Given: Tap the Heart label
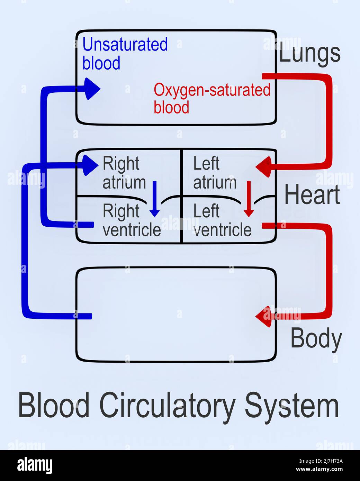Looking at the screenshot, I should pyautogui.click(x=312, y=195).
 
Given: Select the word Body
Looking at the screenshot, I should pyautogui.click(x=316, y=339).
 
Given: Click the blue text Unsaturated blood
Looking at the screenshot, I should pyautogui.click(x=125, y=54).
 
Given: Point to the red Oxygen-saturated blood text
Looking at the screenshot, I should pyautogui.click(x=211, y=98).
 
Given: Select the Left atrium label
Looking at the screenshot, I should pyautogui.click(x=214, y=173).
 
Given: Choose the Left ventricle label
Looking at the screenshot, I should pyautogui.click(x=222, y=220).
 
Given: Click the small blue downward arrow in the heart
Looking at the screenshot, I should pyautogui.click(x=155, y=199).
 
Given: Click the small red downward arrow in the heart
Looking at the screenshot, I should pyautogui.click(x=249, y=199).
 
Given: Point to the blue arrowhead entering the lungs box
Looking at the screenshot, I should pyautogui.click(x=91, y=89).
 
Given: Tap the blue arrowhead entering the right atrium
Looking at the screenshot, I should pyautogui.click(x=90, y=165).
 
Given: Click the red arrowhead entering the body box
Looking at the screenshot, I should pyautogui.click(x=264, y=316).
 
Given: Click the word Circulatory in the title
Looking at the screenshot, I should pyautogui.click(x=167, y=406).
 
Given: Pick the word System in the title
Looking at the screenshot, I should pyautogui.click(x=292, y=406).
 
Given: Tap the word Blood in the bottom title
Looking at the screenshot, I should pyautogui.click(x=54, y=405).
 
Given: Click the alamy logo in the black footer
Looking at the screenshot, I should pyautogui.click(x=35, y=465).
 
